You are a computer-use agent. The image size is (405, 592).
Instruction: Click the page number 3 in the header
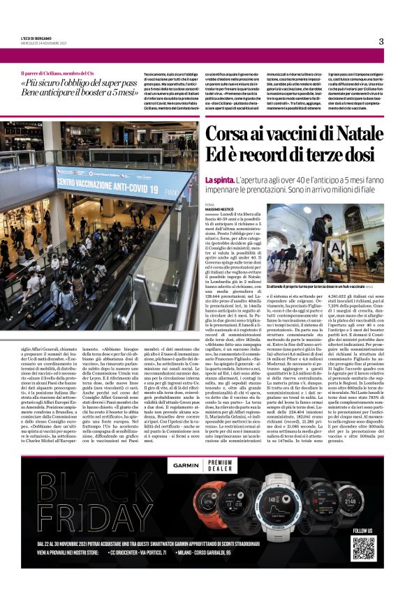381,41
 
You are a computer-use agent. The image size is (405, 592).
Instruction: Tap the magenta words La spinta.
216,181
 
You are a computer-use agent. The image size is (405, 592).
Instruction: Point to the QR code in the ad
363,545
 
